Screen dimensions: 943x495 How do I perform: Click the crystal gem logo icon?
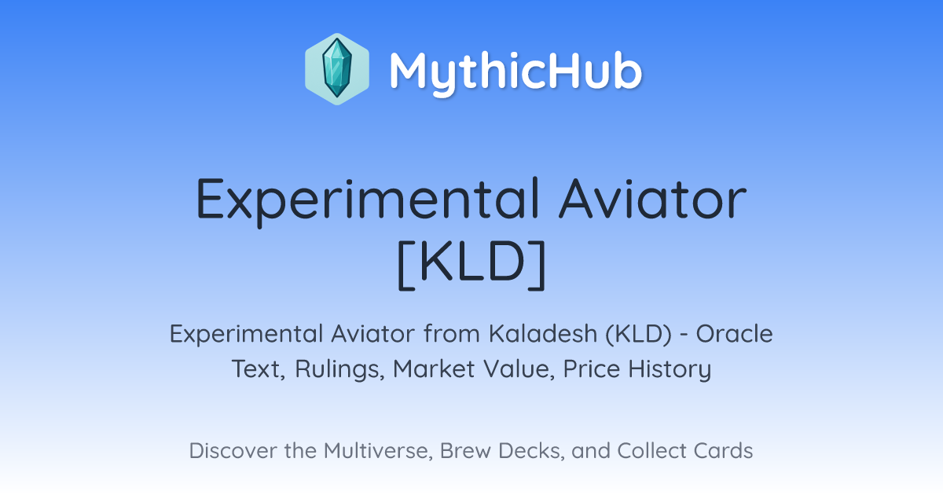(337, 69)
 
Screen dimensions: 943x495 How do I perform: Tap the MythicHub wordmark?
(516, 71)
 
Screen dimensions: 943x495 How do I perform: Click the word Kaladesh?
(543, 334)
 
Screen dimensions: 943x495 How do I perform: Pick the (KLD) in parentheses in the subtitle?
(639, 334)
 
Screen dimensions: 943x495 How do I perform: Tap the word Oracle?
(734, 334)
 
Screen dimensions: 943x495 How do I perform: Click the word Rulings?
(339, 369)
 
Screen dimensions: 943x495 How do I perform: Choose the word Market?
(434, 369)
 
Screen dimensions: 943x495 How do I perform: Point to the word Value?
(519, 369)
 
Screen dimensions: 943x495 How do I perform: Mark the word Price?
(591, 369)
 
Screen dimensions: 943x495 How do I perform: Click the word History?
(670, 369)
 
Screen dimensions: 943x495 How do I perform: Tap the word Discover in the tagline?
(233, 451)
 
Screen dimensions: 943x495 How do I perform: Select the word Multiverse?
(378, 451)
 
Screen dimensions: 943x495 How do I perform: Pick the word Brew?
(465, 451)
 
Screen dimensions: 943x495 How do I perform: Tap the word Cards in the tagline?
(723, 451)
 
